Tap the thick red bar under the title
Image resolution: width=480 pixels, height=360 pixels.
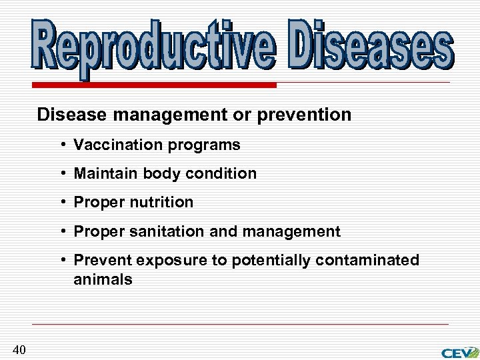(153, 85)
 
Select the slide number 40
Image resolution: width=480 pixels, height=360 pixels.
(19, 349)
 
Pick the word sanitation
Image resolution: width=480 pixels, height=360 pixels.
(167, 231)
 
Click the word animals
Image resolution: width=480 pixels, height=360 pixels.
(103, 279)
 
